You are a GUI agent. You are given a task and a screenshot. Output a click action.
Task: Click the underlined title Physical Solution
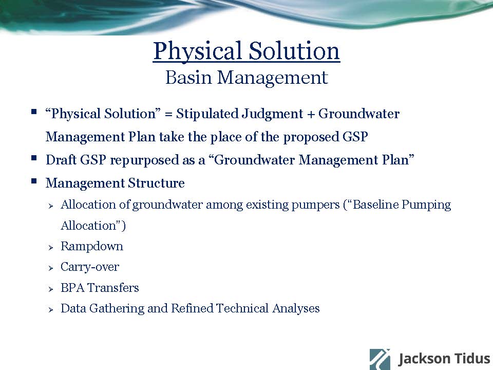(x=246, y=51)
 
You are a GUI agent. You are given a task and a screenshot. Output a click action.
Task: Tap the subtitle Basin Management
(x=246, y=78)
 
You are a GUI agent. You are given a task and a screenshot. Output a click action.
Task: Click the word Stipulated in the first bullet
(x=206, y=114)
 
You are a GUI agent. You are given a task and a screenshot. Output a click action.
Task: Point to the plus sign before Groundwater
(x=311, y=114)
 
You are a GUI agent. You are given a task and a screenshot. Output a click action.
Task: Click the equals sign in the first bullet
(x=168, y=114)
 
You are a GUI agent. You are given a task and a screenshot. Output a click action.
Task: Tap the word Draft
(x=61, y=160)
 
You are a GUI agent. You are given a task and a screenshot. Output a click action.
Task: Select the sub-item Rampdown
(x=92, y=246)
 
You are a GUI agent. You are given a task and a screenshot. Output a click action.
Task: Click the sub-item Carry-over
(x=90, y=267)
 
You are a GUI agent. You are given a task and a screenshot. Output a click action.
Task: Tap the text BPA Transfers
(x=100, y=288)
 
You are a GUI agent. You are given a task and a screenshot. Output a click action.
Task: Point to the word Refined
(x=192, y=308)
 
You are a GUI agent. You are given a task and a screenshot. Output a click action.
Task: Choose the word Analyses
(x=296, y=308)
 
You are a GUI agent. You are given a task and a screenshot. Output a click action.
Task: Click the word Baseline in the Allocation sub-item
(x=376, y=205)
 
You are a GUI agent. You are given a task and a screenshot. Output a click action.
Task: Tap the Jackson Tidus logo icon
(x=380, y=359)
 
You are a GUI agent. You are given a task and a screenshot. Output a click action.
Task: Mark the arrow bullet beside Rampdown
(x=51, y=248)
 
